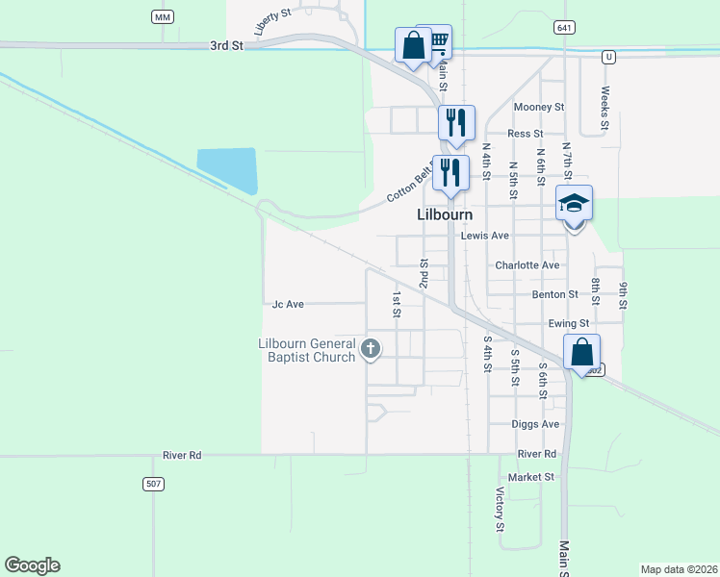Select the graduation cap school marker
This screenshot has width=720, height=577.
(x=574, y=204)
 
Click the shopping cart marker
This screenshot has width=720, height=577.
(x=439, y=39)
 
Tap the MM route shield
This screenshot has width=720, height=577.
(x=162, y=17)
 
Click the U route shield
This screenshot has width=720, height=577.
(x=608, y=57)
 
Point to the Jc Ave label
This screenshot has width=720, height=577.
(x=288, y=304)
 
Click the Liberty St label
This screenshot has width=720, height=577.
(x=272, y=22)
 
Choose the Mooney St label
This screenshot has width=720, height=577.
(x=539, y=107)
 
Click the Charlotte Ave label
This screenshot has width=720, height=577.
(x=527, y=265)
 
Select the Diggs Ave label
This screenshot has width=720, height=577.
(x=537, y=424)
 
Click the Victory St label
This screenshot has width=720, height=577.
(x=501, y=510)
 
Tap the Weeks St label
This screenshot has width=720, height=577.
(x=604, y=108)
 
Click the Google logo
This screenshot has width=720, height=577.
(x=32, y=565)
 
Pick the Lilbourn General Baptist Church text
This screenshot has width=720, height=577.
(x=307, y=350)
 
